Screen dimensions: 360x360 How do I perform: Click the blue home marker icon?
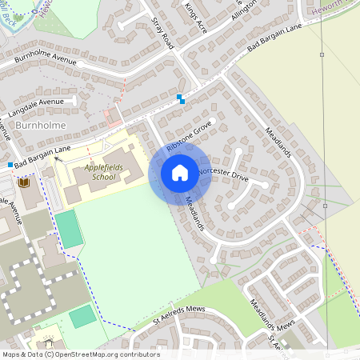click(x=180, y=172)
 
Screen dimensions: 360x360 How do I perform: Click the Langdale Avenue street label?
click(x=38, y=102)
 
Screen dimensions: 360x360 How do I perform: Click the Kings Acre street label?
click(x=195, y=15)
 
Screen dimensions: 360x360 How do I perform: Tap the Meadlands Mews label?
click(x=273, y=314)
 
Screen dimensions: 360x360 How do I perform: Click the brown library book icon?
click(x=23, y=183)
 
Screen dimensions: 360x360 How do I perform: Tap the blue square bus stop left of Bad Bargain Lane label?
click(x=9, y=165)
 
